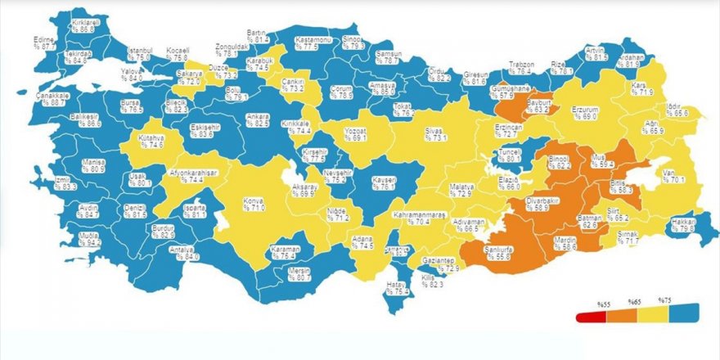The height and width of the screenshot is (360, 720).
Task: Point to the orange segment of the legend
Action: tap(618, 316)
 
